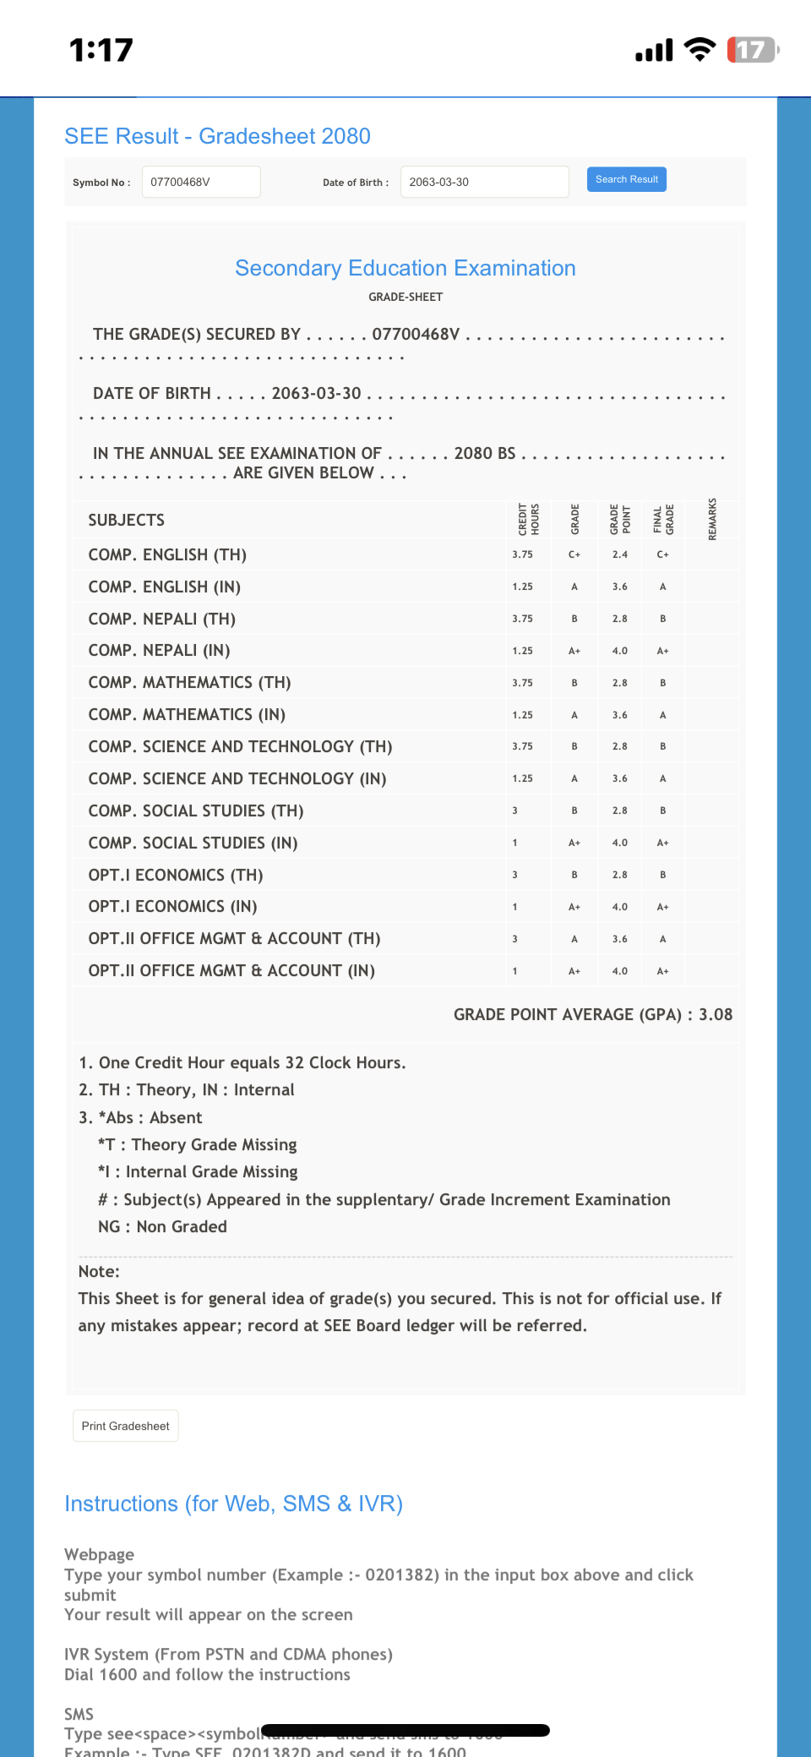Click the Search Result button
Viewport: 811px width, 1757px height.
click(626, 179)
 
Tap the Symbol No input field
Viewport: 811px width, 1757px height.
click(201, 182)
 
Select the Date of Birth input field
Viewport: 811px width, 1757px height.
click(484, 182)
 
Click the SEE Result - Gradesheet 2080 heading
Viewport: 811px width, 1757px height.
click(217, 136)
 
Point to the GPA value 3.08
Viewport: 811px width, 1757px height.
click(716, 1014)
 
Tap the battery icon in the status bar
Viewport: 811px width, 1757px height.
click(752, 50)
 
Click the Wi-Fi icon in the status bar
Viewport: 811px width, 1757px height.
click(699, 50)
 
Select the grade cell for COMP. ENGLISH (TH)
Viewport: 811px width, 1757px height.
click(574, 554)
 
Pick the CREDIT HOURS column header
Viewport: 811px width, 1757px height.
click(529, 519)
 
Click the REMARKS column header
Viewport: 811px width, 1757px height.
click(712, 519)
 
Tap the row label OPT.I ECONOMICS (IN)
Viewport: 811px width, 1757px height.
click(172, 906)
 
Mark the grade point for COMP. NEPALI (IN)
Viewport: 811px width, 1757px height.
click(620, 651)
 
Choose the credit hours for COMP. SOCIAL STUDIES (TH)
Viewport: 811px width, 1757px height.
click(514, 810)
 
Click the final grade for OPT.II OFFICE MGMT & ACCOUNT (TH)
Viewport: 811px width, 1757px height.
click(663, 939)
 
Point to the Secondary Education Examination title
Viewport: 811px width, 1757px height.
click(405, 268)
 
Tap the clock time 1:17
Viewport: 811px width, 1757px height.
click(101, 50)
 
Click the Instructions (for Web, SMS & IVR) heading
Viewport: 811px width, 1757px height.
click(233, 1503)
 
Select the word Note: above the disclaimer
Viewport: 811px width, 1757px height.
click(99, 1271)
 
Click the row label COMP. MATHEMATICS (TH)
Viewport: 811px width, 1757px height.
click(189, 682)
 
